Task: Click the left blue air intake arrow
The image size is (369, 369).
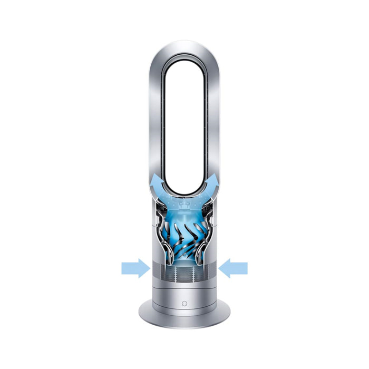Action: [x=135, y=268]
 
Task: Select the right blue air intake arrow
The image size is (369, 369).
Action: [x=234, y=268]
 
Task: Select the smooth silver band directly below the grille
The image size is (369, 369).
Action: [x=184, y=287]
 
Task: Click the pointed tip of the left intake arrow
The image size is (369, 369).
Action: [x=148, y=268]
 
